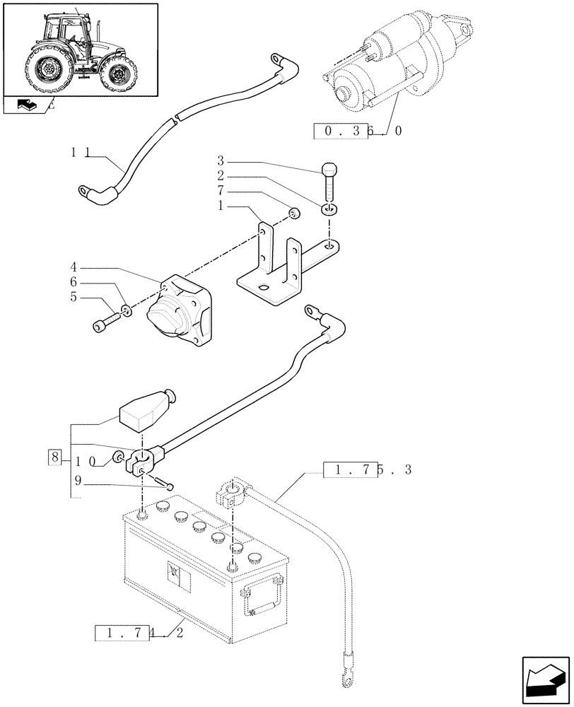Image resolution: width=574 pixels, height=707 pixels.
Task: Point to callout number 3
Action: (220, 160)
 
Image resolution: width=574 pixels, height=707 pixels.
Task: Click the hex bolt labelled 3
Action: (329, 182)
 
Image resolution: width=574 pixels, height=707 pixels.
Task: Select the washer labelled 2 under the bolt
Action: (329, 209)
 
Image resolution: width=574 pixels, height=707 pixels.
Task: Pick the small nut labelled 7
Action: (295, 214)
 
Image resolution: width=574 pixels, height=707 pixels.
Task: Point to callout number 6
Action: (73, 281)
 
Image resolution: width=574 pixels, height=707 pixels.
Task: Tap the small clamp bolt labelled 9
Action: (167, 484)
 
